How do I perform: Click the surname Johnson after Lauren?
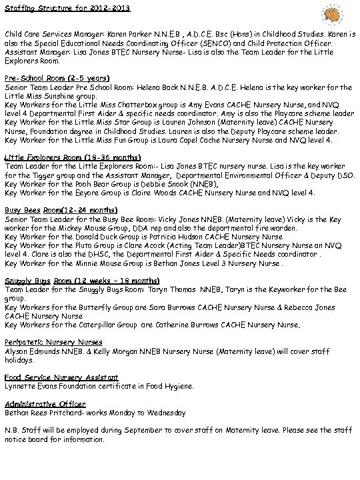[x=179, y=123]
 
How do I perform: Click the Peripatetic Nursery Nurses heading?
[x=50, y=342]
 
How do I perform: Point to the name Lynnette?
[x=21, y=386]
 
